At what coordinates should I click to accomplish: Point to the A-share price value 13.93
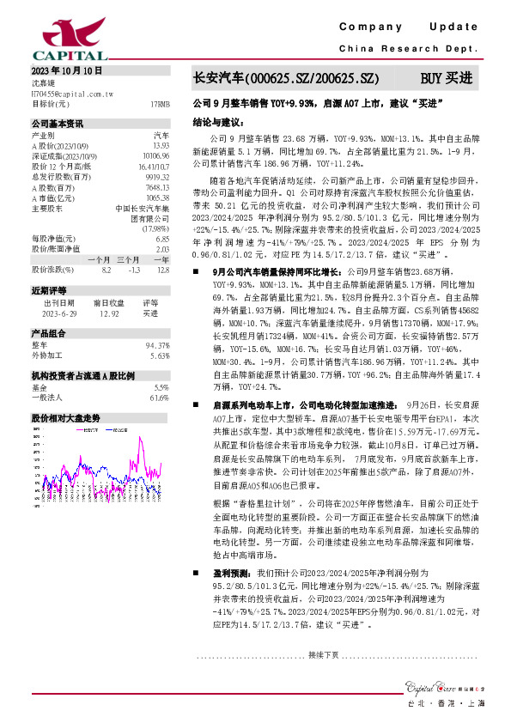pos(160,145)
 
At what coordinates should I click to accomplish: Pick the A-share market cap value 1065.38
pos(157,197)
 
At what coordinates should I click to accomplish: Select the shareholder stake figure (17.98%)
pos(156,228)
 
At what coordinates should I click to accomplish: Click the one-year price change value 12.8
pos(162,269)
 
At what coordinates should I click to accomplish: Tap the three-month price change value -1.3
pos(133,269)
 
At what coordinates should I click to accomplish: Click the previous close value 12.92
pos(111,313)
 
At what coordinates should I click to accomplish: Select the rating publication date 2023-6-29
pos(59,313)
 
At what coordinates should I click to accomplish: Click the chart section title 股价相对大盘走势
pos(66,417)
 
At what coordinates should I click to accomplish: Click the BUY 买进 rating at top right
pos(446,77)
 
